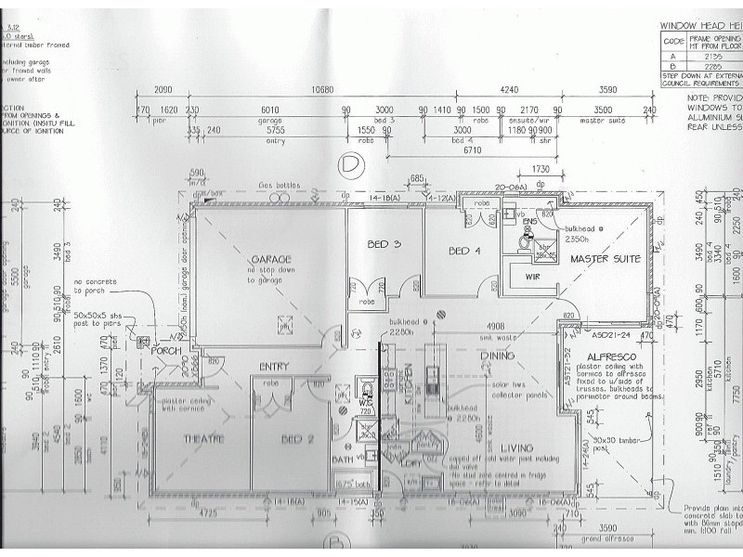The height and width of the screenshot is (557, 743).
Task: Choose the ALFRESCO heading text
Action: pos(610,356)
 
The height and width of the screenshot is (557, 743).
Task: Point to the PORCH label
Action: pos(166,350)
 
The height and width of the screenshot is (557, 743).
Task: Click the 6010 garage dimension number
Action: pos(269,109)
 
